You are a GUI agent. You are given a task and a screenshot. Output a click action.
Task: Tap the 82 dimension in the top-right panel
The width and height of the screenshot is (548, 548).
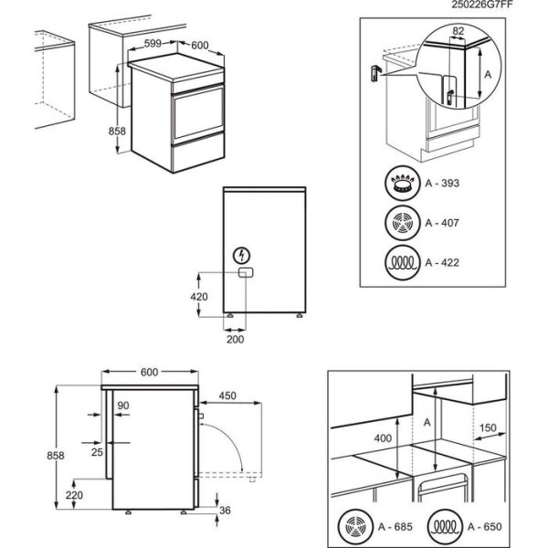(x=458, y=32)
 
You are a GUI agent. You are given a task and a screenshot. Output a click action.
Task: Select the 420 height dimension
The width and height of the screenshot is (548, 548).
(x=200, y=296)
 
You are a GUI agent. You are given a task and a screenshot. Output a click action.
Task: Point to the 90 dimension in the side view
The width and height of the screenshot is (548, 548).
(x=123, y=406)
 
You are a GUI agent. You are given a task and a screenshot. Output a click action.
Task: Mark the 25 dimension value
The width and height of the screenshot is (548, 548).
(x=98, y=451)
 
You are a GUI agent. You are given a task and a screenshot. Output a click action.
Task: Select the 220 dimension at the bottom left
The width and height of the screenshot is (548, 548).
(x=76, y=493)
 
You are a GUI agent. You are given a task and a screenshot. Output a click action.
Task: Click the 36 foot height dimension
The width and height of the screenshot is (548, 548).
(x=225, y=511)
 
